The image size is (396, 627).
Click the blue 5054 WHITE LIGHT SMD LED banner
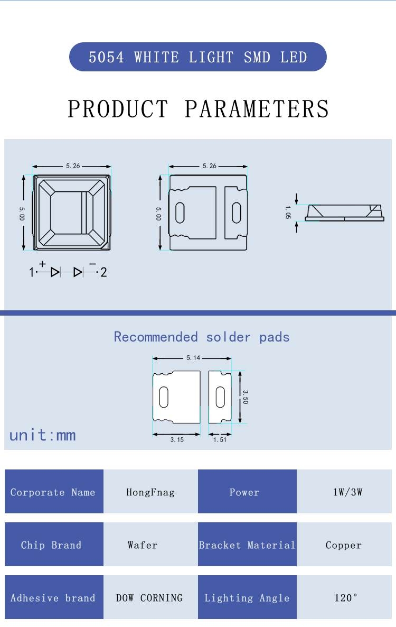pyautogui.click(x=198, y=57)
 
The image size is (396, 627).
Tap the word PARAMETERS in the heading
pyautogui.click(x=257, y=109)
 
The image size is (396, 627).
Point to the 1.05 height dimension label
pyautogui.click(x=288, y=213)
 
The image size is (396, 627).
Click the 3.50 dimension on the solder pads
pyautogui.click(x=246, y=397)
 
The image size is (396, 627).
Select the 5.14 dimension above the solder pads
pyautogui.click(x=193, y=358)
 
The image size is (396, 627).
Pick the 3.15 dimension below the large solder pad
pyautogui.click(x=177, y=439)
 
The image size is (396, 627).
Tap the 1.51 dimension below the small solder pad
pyautogui.click(x=220, y=439)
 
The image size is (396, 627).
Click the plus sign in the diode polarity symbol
pyautogui.click(x=42, y=264)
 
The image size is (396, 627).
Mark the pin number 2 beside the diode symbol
pyautogui.click(x=103, y=272)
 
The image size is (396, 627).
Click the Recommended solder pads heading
pyautogui.click(x=202, y=337)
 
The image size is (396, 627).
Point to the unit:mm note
pyautogui.click(x=43, y=435)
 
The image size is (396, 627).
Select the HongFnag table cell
pyautogui.click(x=150, y=492)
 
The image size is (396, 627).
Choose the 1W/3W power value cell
pyautogui.click(x=344, y=492)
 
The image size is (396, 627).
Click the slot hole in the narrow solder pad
pyautogui.click(x=220, y=397)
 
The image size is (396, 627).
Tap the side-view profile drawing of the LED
pyautogui.click(x=344, y=213)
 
